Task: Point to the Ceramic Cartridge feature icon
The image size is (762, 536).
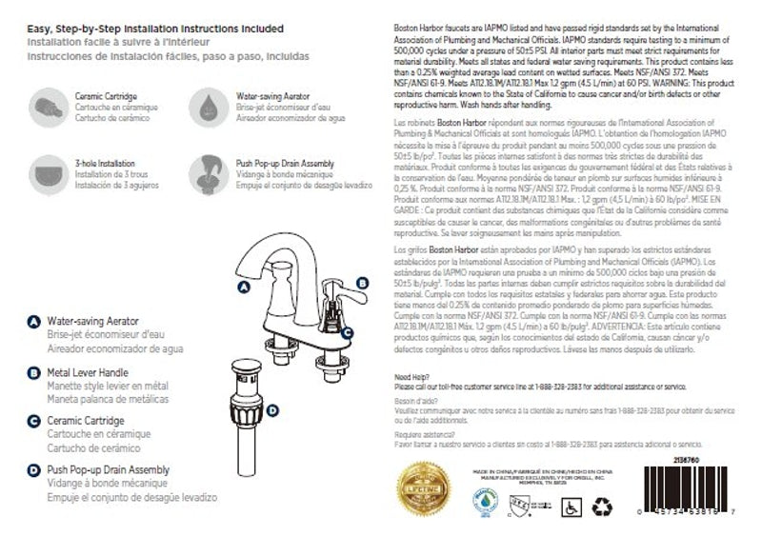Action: (x=47, y=104)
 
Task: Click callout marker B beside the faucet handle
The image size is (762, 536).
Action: (x=361, y=282)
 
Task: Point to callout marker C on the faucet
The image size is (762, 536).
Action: (x=348, y=333)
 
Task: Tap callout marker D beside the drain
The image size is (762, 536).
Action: (x=273, y=410)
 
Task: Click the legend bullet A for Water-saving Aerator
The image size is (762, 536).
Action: (x=34, y=323)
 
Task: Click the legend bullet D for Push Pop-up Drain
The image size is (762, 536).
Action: (x=34, y=470)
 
